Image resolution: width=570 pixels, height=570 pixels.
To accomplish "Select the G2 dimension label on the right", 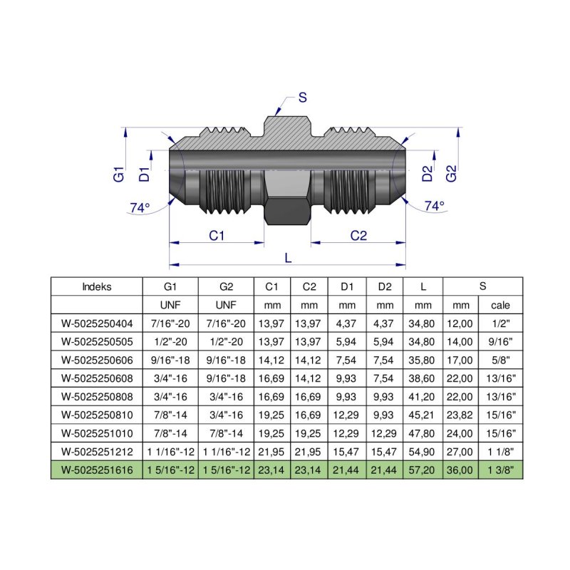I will click(450, 173).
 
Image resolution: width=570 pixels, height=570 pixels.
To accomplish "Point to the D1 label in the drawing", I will click(145, 173).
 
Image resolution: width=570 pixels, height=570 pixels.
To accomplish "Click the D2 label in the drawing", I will click(427, 173).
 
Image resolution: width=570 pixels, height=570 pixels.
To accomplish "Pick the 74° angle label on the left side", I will click(140, 208).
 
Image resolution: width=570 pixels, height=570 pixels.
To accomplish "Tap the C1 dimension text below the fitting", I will click(217, 236).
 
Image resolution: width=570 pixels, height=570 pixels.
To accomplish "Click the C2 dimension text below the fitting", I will click(358, 236).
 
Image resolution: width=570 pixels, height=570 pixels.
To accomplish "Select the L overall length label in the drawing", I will click(288, 259).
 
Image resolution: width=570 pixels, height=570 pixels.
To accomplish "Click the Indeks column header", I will click(97, 287).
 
